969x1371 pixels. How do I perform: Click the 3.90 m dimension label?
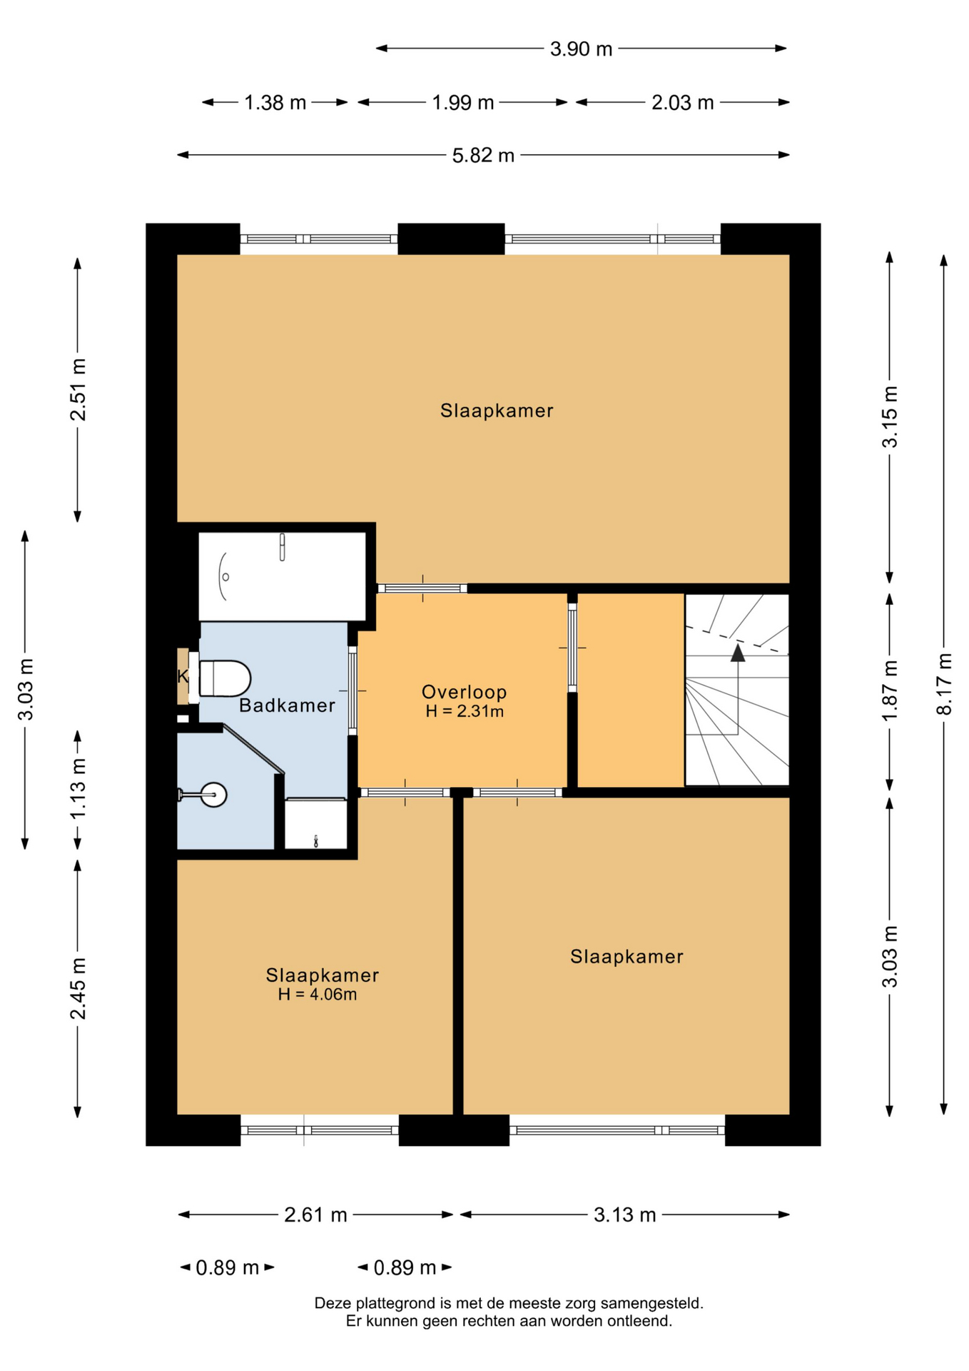[581, 49]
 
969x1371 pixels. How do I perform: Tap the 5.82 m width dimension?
[483, 156]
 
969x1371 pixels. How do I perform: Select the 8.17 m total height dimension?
[944, 683]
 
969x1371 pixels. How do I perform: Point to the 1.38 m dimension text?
[275, 103]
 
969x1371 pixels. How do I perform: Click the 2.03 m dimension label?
[683, 103]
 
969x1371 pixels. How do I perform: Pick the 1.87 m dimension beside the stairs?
[890, 690]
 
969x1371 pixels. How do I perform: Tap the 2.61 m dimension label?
[315, 1215]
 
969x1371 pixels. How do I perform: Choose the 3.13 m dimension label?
[624, 1215]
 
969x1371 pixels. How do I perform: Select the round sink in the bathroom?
[213, 794]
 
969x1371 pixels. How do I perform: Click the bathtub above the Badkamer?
[283, 576]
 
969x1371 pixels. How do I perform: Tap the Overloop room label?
[465, 692]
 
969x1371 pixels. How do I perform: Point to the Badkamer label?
[287, 705]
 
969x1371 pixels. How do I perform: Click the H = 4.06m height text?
[318, 995]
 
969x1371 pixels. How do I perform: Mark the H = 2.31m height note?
[465, 711]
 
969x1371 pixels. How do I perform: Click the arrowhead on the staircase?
[738, 653]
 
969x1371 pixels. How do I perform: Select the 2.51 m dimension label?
[78, 390]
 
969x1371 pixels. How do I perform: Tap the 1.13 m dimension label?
[78, 789]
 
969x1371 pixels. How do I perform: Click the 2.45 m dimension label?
[78, 988]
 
